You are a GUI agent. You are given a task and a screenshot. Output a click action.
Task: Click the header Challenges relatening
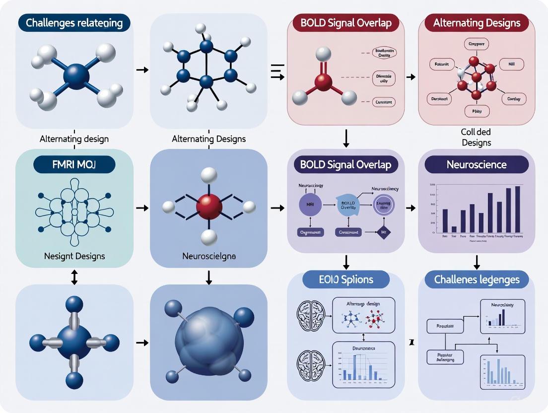(74, 23)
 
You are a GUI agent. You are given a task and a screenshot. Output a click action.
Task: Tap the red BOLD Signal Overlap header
(346, 23)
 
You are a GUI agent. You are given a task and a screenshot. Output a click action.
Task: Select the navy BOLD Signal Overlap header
(345, 165)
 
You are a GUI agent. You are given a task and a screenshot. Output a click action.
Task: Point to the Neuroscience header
(477, 164)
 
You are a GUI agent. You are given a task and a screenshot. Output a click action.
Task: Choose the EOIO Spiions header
(345, 279)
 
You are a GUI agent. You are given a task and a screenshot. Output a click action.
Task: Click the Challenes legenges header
(477, 279)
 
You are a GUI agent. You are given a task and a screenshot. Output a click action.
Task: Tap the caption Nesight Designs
(74, 256)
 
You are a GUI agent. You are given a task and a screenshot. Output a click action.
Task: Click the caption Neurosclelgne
(209, 257)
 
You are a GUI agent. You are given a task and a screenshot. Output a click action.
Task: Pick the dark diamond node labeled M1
(383, 232)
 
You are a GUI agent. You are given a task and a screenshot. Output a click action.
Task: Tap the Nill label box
(511, 64)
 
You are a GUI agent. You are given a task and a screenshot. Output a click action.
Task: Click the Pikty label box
(477, 112)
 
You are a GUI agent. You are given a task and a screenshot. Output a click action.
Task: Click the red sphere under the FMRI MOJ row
(208, 205)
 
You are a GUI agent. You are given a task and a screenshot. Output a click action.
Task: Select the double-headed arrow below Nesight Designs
(74, 277)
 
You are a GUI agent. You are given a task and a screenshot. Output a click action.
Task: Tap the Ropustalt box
(445, 326)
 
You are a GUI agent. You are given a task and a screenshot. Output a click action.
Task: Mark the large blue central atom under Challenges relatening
(76, 76)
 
